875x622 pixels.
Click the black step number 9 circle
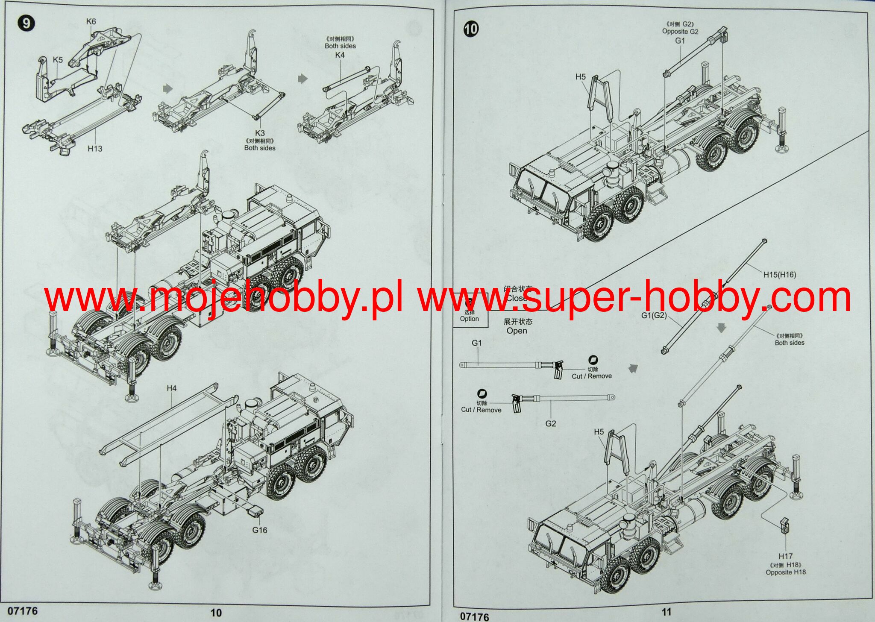pyautogui.click(x=26, y=23)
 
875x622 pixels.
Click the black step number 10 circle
pyautogui.click(x=471, y=29)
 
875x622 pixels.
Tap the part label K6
pyautogui.click(x=91, y=21)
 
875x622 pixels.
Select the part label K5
pyautogui.click(x=58, y=59)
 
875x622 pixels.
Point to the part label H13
pyautogui.click(x=95, y=149)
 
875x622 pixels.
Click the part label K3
pyautogui.click(x=260, y=133)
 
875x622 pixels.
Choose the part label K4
pyautogui.click(x=340, y=55)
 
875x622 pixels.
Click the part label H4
pyautogui.click(x=171, y=388)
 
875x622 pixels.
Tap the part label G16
pyautogui.click(x=259, y=530)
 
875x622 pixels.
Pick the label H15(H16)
pyautogui.click(x=780, y=275)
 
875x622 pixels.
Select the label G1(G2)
pyautogui.click(x=654, y=315)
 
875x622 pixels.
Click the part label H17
pyautogui.click(x=785, y=556)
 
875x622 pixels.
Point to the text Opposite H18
pyautogui.click(x=786, y=572)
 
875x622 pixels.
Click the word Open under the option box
pyautogui.click(x=517, y=331)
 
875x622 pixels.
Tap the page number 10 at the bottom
pyautogui.click(x=216, y=613)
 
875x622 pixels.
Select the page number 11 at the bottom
pyautogui.click(x=666, y=612)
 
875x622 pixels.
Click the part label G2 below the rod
pyautogui.click(x=551, y=423)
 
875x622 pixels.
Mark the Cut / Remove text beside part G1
pyautogui.click(x=592, y=376)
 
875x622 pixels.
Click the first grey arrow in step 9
pyautogui.click(x=168, y=88)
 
